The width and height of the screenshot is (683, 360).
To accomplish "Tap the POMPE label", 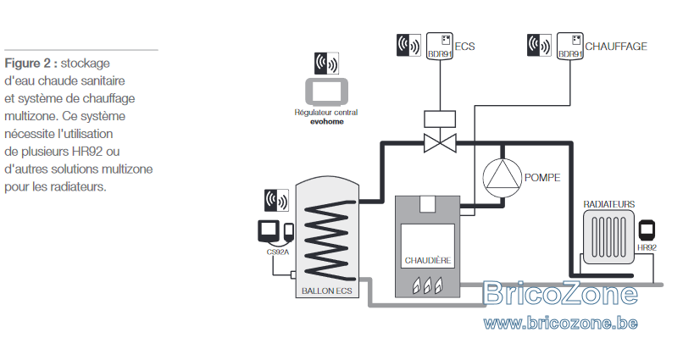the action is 542,178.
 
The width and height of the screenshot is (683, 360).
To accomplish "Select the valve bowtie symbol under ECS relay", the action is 440,143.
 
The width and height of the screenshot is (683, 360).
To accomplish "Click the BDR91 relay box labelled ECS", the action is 440,46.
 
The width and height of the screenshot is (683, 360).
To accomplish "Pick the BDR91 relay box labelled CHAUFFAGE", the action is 570,46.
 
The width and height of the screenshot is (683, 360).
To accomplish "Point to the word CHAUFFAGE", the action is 616,46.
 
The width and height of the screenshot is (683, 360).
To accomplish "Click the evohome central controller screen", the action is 327,91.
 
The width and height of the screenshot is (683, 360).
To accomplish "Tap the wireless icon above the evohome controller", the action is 327,64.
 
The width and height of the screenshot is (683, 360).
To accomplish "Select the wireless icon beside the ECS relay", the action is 408,45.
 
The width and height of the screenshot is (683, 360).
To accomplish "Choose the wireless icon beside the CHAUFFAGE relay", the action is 539,45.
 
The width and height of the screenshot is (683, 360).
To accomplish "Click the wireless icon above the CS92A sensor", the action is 276,200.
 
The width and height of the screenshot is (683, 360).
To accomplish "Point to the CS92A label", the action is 278,252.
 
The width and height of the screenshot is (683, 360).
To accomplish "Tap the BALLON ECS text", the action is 327,291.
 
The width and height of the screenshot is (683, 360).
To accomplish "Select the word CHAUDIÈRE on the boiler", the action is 428,260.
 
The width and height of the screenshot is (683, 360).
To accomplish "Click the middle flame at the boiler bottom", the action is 428,285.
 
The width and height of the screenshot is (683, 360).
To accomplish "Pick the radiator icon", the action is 609,237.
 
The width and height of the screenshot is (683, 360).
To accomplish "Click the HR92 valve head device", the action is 647,230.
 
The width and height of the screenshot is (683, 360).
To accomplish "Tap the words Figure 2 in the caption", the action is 29,64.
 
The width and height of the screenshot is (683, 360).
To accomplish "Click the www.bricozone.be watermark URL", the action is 561,323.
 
